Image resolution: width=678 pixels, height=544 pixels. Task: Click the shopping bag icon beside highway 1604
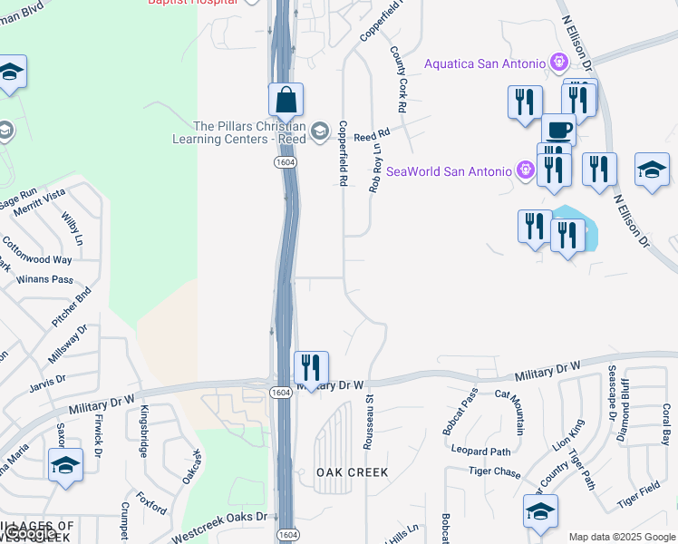click(286, 101)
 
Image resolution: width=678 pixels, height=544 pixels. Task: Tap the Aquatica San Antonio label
click(486, 63)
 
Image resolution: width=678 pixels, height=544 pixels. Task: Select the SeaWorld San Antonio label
click(450, 170)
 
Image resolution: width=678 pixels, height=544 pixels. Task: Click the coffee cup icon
click(558, 130)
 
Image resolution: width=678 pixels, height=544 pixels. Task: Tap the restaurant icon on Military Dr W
click(311, 368)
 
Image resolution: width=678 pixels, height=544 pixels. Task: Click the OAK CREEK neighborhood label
click(352, 472)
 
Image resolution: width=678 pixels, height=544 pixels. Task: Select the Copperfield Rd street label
click(344, 154)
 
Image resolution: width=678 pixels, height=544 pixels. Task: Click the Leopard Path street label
click(481, 452)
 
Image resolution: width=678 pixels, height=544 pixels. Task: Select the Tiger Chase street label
click(496, 472)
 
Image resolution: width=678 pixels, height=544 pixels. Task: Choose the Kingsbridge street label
click(143, 431)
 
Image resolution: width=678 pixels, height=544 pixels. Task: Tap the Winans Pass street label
click(50, 279)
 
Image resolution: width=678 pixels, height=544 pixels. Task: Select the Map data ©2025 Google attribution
click(621, 537)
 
